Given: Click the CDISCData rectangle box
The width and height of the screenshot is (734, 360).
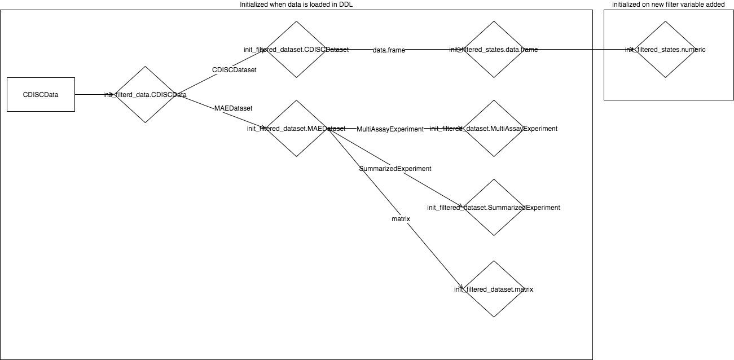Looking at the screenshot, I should [x=41, y=94].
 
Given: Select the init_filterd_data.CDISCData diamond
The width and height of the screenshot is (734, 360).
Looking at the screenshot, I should [x=146, y=94].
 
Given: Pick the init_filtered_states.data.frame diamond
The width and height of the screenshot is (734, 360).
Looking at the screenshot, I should [x=494, y=50].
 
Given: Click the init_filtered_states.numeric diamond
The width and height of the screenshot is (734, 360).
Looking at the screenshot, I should [x=665, y=50].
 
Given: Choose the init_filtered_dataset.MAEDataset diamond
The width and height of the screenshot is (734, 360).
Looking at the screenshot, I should [x=297, y=129].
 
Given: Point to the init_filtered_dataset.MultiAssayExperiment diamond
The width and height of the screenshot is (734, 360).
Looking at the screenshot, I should [x=494, y=129].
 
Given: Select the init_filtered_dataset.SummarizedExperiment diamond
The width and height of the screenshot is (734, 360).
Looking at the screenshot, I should [x=494, y=208].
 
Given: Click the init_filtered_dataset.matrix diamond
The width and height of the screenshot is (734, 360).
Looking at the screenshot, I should [x=494, y=289].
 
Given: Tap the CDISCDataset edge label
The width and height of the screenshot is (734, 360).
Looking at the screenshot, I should [x=234, y=70].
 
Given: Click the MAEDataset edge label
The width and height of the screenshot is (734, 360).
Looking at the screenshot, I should [x=234, y=107].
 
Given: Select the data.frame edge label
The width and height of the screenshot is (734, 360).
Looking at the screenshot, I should [x=389, y=50].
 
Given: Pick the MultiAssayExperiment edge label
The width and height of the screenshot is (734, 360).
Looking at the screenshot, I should [x=390, y=129].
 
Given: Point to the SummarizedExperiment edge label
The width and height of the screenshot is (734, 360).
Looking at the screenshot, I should [x=395, y=168].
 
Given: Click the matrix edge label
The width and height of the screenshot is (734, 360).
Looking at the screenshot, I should [x=400, y=218].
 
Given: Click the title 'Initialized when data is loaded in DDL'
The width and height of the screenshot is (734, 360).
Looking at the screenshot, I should [x=296, y=5].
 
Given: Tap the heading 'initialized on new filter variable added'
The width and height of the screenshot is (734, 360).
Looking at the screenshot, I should [x=669, y=5].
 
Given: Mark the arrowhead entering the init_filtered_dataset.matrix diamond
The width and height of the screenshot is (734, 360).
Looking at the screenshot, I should [x=461, y=287].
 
